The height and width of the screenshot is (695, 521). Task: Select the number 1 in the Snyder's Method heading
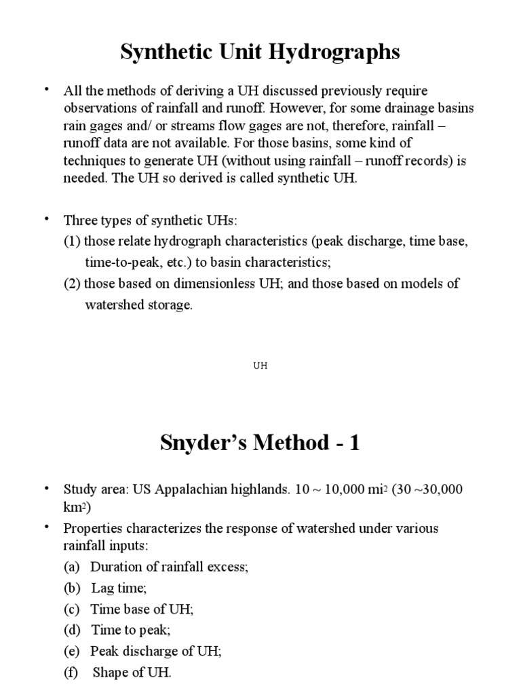(x=353, y=443)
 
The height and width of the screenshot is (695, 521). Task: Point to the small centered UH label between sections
(x=260, y=365)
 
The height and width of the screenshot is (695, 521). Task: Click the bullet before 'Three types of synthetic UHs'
(x=47, y=219)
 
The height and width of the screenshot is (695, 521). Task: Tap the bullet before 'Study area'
(x=47, y=488)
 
